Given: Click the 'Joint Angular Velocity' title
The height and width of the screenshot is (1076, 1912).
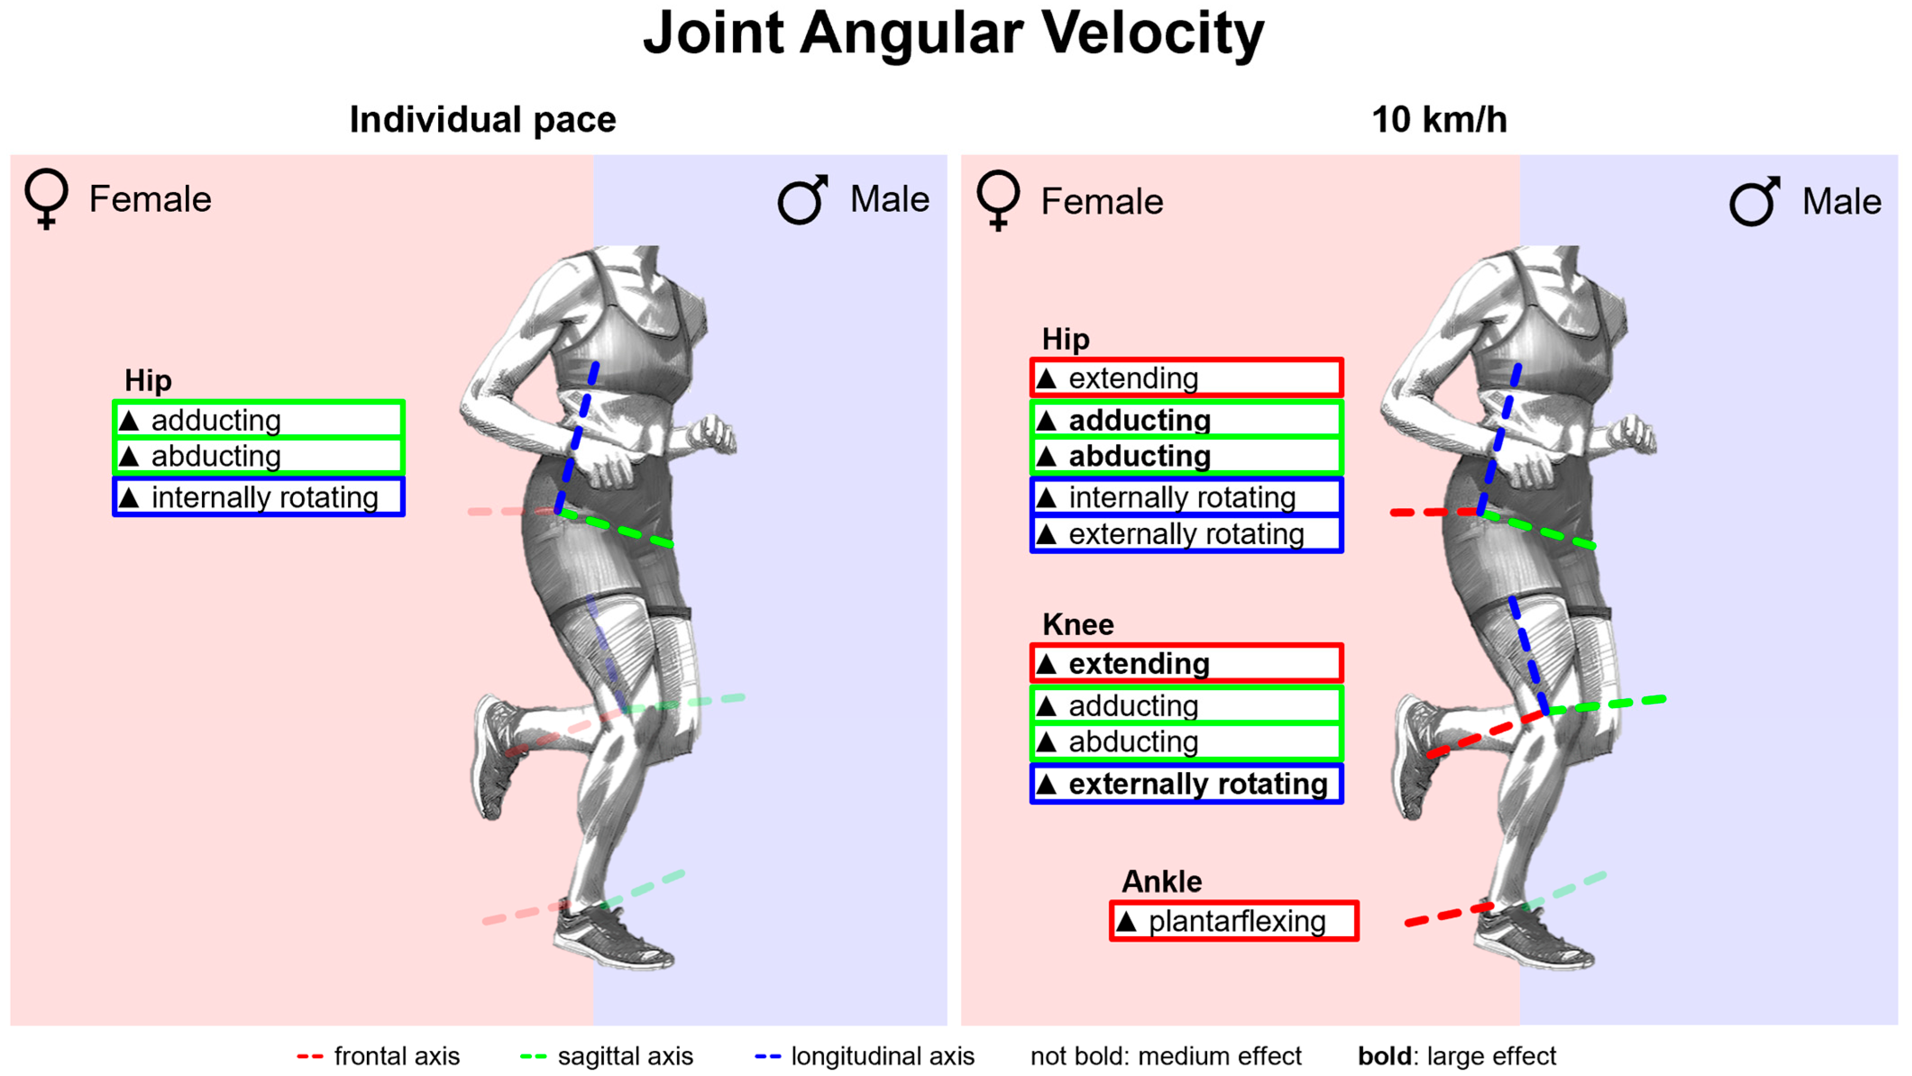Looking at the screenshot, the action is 954,33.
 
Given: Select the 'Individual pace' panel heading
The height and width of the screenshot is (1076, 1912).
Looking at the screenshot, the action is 482,119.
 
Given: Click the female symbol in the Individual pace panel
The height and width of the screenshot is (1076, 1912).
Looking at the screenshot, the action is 46,199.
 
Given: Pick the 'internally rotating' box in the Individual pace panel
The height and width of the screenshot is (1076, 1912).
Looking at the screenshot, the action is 258,497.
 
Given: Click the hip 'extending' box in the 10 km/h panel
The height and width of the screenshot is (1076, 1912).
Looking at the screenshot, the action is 1186,378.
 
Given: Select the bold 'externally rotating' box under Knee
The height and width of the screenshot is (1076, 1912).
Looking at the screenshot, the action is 1186,783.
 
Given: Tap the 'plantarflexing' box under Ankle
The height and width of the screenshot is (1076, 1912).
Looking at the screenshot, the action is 1234,921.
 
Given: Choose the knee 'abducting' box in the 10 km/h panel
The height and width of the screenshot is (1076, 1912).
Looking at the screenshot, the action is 1186,742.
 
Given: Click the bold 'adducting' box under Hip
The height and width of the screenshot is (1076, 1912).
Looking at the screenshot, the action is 1186,420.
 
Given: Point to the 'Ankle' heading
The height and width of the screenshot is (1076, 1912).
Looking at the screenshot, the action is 1162,881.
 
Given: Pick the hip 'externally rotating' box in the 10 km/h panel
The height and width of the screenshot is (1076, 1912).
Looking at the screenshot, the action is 1186,534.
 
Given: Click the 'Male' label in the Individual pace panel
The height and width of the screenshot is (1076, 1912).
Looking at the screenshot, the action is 889,199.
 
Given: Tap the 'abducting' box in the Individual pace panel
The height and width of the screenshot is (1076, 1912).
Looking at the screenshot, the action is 258,456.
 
